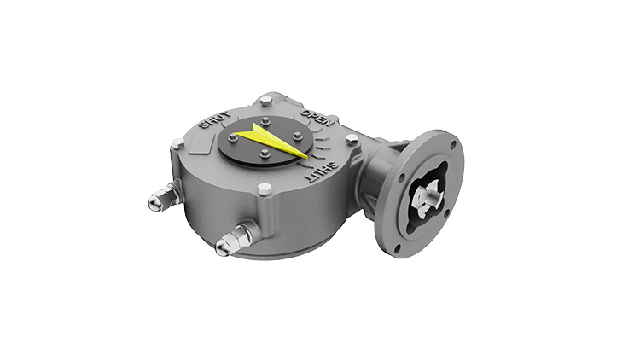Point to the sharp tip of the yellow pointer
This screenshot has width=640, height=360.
click(x=309, y=156)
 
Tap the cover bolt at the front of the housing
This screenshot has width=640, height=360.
click(x=265, y=189)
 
